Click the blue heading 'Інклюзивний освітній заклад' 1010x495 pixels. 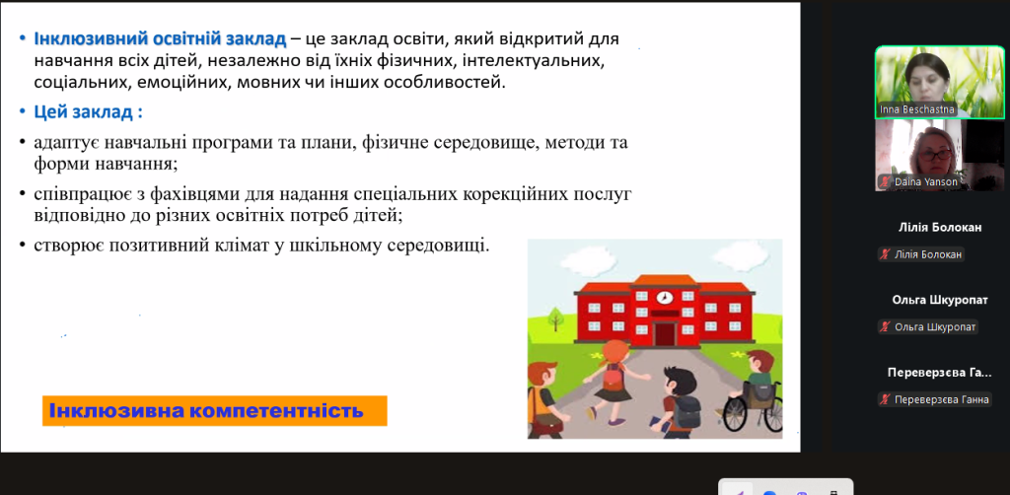pos(161,38)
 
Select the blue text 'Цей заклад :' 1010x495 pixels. pos(88,112)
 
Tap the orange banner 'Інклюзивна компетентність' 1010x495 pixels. pos(214,410)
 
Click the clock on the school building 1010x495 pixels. pos(664,298)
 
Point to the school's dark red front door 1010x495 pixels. pos(664,334)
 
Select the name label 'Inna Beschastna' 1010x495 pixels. pos(917,108)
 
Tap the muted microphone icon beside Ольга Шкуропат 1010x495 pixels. pos(886,327)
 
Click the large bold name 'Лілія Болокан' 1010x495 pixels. pos(940,227)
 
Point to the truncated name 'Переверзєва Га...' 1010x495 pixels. pos(940,373)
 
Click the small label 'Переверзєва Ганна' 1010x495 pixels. pos(934,399)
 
